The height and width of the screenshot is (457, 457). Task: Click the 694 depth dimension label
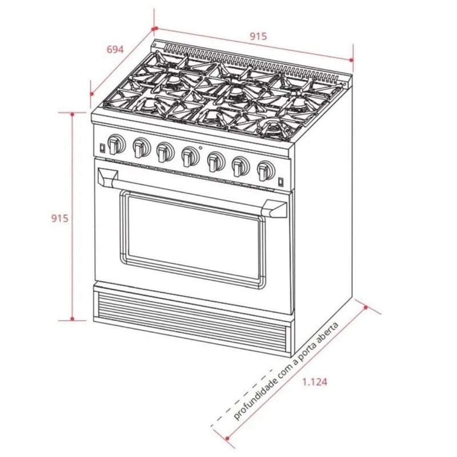pos(115,50)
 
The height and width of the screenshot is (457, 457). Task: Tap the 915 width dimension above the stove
pos(258,36)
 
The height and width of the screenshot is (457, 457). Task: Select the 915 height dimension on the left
pos(60,218)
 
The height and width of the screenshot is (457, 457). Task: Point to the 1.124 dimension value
pos(315,382)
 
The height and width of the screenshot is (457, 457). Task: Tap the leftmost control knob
pos(116,144)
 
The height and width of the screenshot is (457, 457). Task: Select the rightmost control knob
pos(266,171)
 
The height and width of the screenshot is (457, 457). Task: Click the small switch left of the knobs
pos(102,148)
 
